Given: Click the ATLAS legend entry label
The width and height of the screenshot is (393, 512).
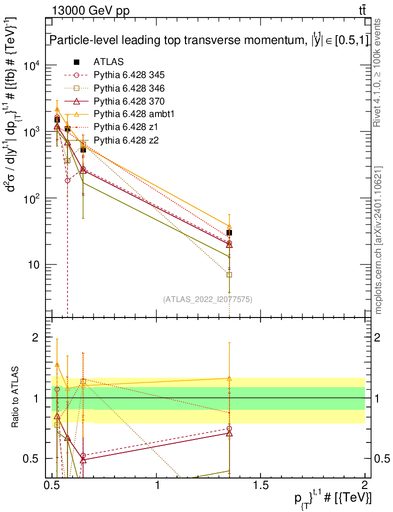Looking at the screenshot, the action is click(x=108, y=61).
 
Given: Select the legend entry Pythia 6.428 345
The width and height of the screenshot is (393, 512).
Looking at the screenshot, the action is click(x=129, y=75).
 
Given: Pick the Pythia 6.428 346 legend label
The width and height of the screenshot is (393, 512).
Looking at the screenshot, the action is click(x=129, y=88).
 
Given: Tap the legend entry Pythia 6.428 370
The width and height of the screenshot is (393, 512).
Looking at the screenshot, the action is click(x=129, y=101).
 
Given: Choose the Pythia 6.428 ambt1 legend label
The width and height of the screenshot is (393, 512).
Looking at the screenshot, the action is click(x=134, y=113).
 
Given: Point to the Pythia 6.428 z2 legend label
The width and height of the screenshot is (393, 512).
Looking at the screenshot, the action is click(x=126, y=140).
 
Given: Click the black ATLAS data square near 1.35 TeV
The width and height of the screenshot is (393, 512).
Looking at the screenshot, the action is click(x=229, y=233).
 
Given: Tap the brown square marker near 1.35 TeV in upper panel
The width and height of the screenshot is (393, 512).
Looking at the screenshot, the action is click(x=229, y=274).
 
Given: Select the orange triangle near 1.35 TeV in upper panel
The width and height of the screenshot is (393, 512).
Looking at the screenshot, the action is click(x=229, y=226).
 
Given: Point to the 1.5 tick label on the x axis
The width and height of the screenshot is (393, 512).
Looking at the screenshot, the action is click(x=260, y=485).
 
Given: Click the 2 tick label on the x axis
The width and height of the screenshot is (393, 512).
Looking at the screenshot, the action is click(x=364, y=485).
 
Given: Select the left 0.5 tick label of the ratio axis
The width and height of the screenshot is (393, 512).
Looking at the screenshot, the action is click(x=30, y=458).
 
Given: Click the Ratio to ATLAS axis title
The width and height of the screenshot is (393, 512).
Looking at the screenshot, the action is click(x=14, y=397).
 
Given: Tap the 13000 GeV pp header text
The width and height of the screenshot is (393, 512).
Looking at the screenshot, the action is click(x=90, y=11).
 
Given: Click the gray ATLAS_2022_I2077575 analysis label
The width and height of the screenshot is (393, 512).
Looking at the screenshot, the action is click(x=207, y=299).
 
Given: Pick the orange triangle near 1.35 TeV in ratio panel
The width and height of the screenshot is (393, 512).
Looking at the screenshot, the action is click(x=229, y=378).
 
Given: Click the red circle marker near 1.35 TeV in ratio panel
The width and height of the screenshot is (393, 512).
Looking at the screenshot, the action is click(x=229, y=428).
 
